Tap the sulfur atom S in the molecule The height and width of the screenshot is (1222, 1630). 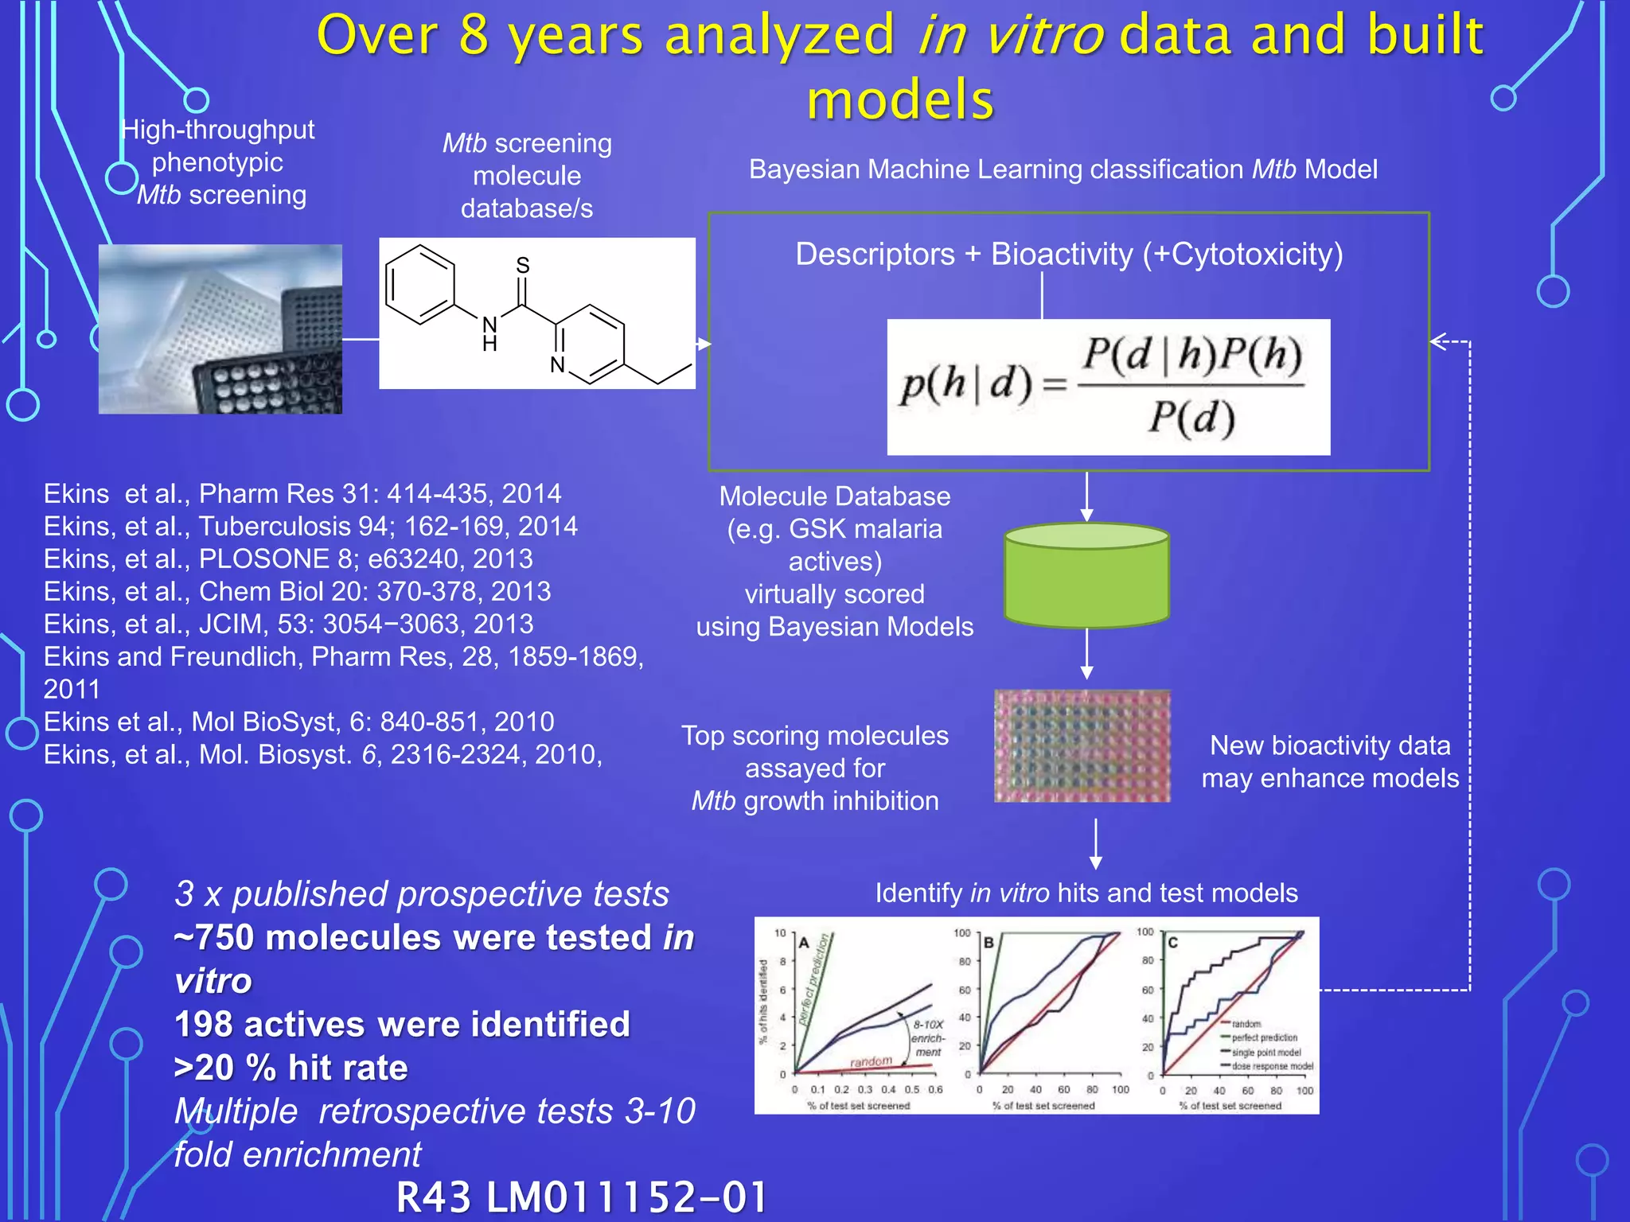pos(523,266)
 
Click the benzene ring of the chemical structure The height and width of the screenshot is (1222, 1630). pos(419,285)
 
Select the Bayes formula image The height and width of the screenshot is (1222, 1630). pos(1108,387)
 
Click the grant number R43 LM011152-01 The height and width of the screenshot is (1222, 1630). pos(582,1197)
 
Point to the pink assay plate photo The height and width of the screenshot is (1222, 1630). pos(1082,745)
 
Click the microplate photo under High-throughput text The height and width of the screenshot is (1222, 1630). pos(220,329)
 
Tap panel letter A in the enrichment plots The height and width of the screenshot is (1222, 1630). pos(804,943)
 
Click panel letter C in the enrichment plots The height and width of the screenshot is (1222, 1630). pos(1172,943)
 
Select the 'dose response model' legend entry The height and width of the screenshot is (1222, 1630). pos(1272,1066)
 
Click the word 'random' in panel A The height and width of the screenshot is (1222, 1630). pos(871,1062)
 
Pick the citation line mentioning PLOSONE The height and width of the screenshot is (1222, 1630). pos(288,558)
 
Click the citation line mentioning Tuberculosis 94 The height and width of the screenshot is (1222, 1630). pos(310,526)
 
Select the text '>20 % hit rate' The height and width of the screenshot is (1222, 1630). pos(291,1068)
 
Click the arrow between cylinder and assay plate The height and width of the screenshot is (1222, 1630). pos(1086,654)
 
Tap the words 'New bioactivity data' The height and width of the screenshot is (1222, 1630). pos(1330,745)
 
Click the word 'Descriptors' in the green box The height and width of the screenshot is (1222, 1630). pos(875,255)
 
